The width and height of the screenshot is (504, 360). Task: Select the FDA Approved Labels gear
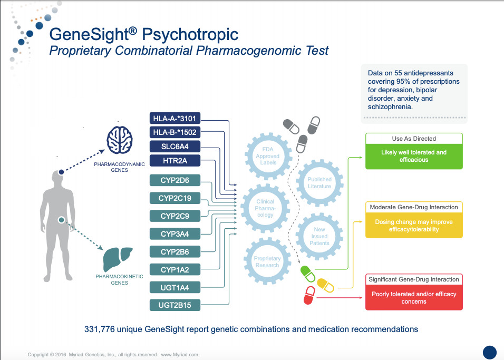[x=267, y=152]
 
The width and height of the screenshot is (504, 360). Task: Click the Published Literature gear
[x=319, y=182]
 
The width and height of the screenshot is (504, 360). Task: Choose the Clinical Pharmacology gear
[x=265, y=208]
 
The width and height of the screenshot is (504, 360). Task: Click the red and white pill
[x=309, y=294]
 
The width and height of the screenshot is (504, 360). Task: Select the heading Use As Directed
[x=414, y=139]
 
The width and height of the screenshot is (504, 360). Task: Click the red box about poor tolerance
[x=414, y=298]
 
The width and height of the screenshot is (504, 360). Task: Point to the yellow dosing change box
[x=414, y=226]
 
